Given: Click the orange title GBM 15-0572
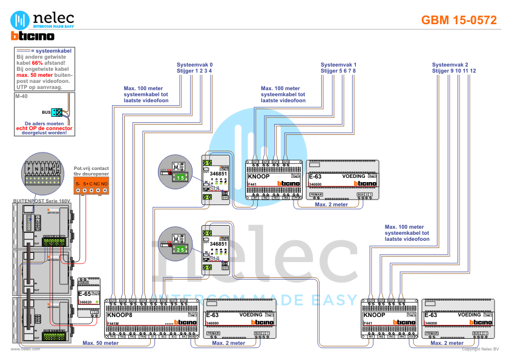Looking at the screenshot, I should (459, 20).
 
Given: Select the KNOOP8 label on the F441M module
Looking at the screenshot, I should (119, 315).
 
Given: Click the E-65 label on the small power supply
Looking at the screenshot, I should (84, 293).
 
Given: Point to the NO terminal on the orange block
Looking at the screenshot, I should (105, 183).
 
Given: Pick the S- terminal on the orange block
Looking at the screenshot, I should (77, 183).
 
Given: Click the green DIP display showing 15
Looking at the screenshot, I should (182, 177).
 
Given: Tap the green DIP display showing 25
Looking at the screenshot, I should (182, 249).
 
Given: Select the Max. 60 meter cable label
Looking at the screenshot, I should (100, 343).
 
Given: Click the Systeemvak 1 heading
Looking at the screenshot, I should (338, 64).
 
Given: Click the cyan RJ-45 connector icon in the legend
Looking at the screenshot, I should (56, 112).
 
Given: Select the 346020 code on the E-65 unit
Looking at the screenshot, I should (85, 301).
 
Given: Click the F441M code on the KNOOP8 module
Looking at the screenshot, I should (113, 324).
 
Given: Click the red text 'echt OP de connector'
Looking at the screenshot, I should (44, 128).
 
